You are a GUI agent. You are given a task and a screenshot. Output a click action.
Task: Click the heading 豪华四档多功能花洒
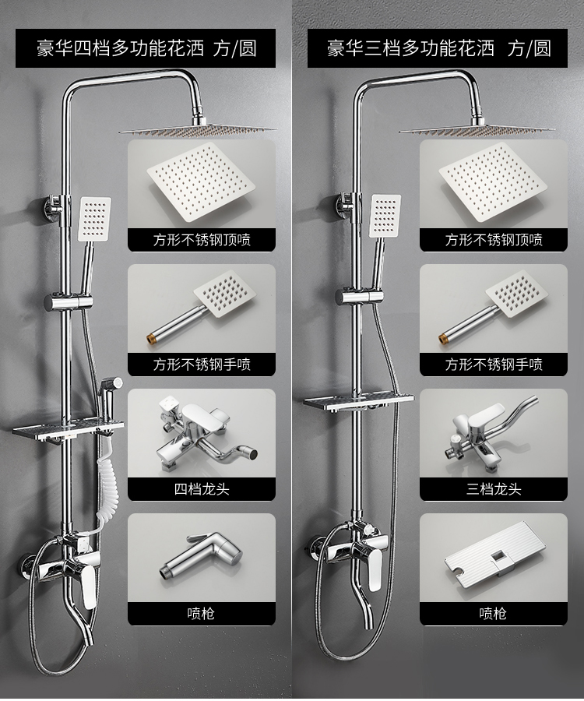pyautogui.click(x=120, y=48)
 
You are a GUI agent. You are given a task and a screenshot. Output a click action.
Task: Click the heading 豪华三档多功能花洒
pyautogui.click(x=410, y=48)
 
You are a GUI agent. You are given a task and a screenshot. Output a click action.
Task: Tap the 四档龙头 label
pyautogui.click(x=202, y=488)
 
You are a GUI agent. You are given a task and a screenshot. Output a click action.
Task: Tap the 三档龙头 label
pyautogui.click(x=494, y=488)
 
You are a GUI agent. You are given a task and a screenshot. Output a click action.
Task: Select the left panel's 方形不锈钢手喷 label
pyautogui.click(x=202, y=365)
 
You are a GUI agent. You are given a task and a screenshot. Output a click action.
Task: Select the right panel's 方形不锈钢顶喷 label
pyautogui.click(x=494, y=240)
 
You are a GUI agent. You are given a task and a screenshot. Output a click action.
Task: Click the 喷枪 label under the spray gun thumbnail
pyautogui.click(x=201, y=614)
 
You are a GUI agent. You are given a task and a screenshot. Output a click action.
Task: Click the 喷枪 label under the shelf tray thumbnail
pyautogui.click(x=493, y=614)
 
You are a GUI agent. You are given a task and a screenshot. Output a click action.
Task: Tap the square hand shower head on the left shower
pyautogui.click(x=94, y=220)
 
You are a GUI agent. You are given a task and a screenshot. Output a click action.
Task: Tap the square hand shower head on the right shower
pyautogui.click(x=385, y=216)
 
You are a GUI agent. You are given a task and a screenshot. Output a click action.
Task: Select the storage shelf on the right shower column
pyautogui.click(x=359, y=400)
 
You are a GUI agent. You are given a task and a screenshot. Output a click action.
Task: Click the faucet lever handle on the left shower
pyautogui.click(x=90, y=587)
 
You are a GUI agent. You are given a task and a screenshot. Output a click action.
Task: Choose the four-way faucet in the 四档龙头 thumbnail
pyautogui.click(x=206, y=436)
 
